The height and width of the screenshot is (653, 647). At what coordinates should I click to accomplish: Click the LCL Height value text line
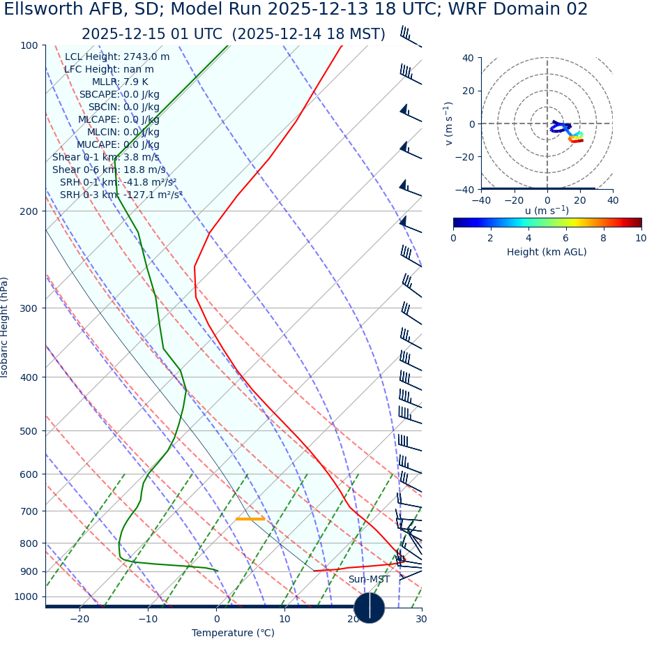pos(117,57)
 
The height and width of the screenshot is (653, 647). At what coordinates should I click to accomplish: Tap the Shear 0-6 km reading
pos(109,170)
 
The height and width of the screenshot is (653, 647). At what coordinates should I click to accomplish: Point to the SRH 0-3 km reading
pos(121,195)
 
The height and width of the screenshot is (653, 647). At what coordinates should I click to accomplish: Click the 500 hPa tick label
pos(29,431)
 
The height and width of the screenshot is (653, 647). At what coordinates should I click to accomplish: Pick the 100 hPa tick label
pos(29,46)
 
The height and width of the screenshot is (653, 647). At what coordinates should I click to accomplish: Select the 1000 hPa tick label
pos(26,597)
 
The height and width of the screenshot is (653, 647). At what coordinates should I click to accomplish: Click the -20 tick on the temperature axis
pos(79,620)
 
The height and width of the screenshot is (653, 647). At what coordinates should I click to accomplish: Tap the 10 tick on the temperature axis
pos(284,620)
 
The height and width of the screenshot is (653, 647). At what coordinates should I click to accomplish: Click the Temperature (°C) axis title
pos(233,633)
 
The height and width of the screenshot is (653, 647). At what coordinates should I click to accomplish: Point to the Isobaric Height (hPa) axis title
pos(5,327)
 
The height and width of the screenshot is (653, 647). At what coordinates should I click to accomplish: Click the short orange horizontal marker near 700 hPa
pos(250,519)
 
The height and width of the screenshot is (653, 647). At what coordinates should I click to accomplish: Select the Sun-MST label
pos(369,580)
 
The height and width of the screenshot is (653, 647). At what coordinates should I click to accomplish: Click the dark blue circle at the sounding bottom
pos(369,608)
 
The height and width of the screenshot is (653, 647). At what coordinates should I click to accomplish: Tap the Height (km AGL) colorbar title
pos(547,253)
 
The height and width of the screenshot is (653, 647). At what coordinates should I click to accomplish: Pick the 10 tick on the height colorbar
pos(640,239)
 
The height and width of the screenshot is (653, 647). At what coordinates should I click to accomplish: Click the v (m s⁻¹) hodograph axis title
pos(449,123)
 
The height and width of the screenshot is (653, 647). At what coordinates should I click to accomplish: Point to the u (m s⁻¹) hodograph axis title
pos(547,211)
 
